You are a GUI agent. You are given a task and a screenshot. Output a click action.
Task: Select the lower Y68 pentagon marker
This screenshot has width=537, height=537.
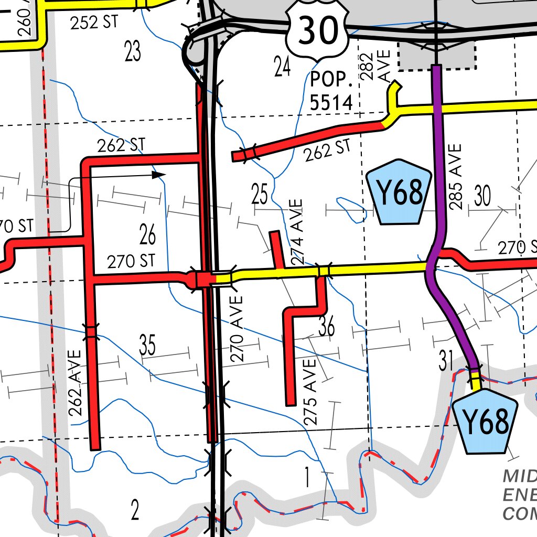[485, 421]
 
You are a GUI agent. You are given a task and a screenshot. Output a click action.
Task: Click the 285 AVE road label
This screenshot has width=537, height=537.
[455, 177]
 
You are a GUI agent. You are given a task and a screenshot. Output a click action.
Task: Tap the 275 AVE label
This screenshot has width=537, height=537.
[309, 390]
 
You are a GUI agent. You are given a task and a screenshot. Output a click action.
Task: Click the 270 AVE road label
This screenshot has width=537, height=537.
[237, 329]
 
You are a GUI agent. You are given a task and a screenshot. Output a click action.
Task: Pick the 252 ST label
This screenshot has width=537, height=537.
[94, 20]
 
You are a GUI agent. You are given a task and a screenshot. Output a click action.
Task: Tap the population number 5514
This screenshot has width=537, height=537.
[331, 102]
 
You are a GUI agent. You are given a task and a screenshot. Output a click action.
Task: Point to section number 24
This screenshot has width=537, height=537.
[282, 66]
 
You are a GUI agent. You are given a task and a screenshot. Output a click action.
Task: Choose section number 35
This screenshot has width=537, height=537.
[147, 345]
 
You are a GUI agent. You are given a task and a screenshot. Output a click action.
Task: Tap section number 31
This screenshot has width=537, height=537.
[446, 361]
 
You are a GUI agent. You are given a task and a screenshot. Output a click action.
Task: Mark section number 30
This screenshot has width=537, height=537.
[482, 196]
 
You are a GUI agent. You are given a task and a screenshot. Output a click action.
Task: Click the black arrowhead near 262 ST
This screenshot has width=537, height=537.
[158, 175]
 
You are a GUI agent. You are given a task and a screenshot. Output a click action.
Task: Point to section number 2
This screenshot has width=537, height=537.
[135, 510]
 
